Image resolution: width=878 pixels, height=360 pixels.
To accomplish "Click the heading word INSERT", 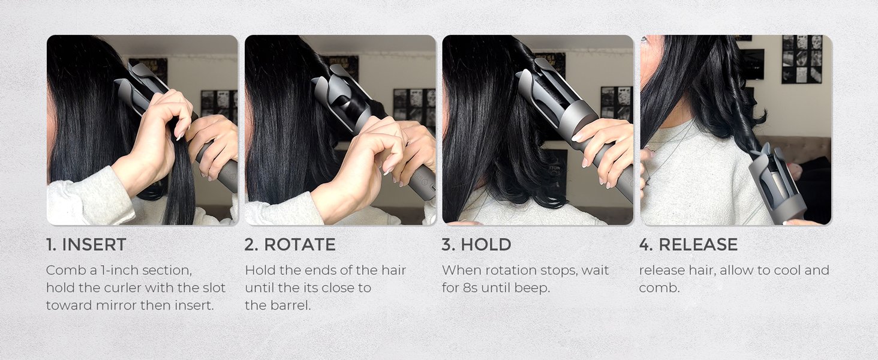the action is pyautogui.click(x=94, y=244).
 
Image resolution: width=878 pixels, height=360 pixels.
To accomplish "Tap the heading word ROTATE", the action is pyautogui.click(x=300, y=244).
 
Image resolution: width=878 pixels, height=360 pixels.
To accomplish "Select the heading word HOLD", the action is pyautogui.click(x=486, y=244).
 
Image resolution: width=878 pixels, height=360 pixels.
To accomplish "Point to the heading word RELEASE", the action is pyautogui.click(x=698, y=244).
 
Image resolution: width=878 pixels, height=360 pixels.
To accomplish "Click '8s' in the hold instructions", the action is pyautogui.click(x=470, y=288).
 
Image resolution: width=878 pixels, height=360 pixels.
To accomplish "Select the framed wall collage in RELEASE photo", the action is pyautogui.click(x=802, y=59).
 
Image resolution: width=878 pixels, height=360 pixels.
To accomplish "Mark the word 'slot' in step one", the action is pyautogui.click(x=214, y=288).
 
